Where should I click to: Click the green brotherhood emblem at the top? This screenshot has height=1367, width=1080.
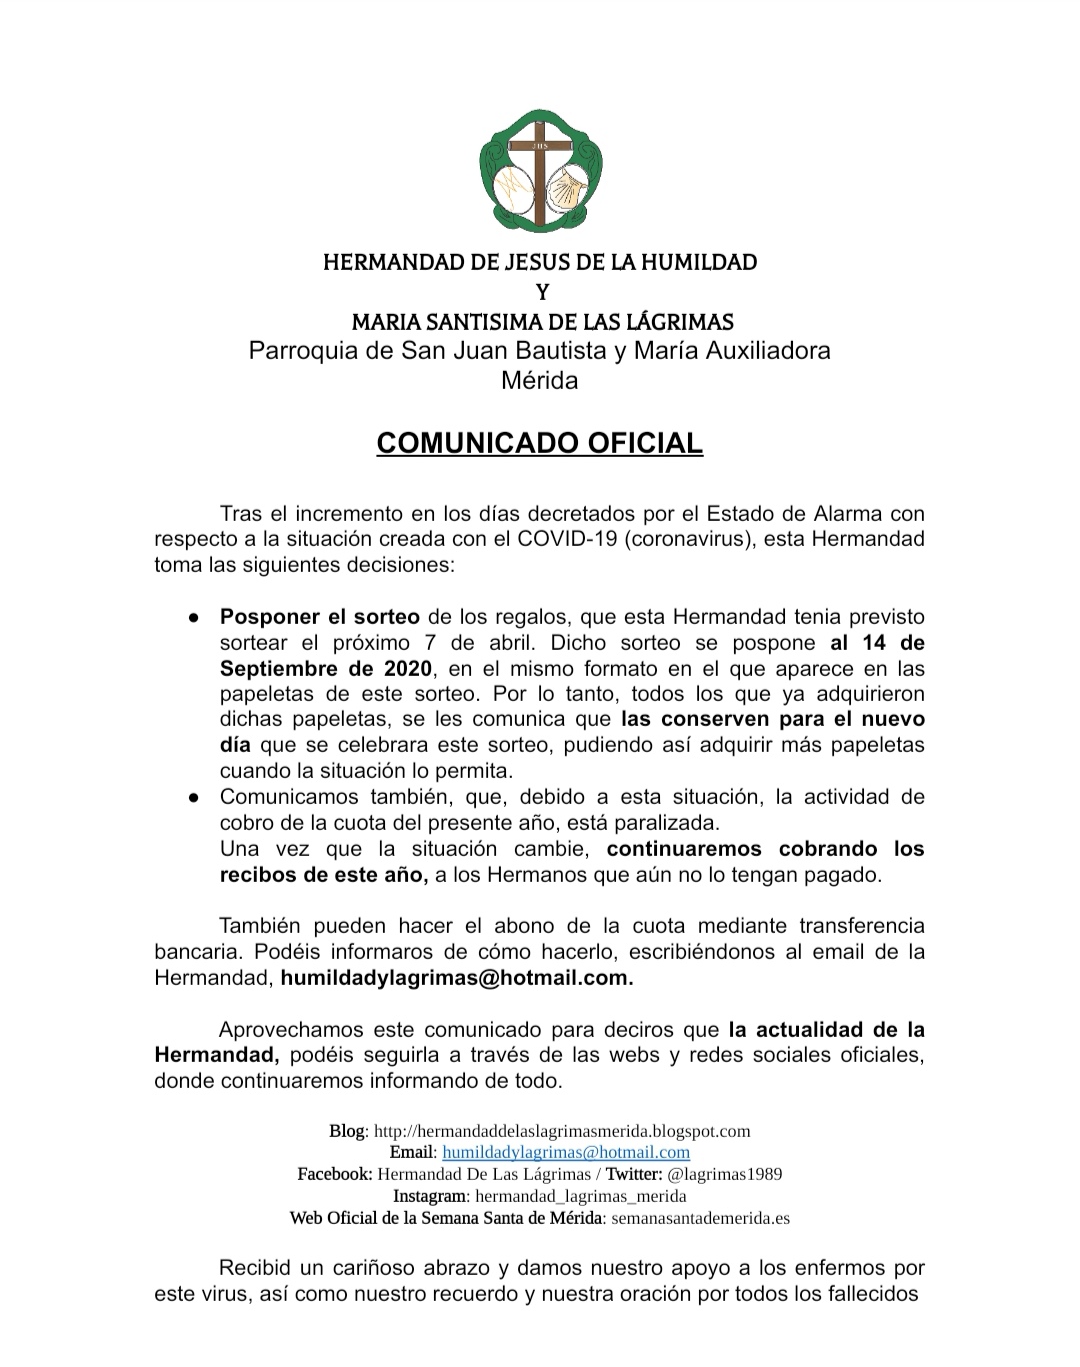pos(540,169)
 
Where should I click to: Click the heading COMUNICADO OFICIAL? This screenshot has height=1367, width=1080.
pos(540,443)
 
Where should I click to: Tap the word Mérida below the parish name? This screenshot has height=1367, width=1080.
pos(540,381)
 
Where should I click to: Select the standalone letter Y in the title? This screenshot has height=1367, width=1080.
pos(541,293)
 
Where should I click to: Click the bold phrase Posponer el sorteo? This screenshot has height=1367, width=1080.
pos(320,617)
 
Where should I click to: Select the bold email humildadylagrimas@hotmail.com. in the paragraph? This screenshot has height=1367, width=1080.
pos(457,979)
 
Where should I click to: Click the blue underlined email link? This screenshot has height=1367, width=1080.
pos(566,1153)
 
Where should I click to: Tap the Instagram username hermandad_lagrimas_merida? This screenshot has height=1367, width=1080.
pos(581,1196)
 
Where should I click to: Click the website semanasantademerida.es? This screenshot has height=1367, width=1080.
pos(701,1218)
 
